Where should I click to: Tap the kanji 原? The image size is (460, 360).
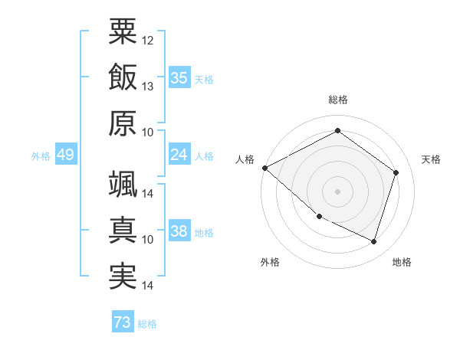pos(123,123)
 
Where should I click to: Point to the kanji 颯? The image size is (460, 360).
pos(123,184)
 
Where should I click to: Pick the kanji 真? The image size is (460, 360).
pos(123,231)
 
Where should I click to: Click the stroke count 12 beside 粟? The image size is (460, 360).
pos(148,40)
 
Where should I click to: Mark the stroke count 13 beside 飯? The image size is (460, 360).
pos(148,87)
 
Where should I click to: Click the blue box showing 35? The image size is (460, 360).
pos(179,78)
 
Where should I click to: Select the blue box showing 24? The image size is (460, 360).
pos(179,155)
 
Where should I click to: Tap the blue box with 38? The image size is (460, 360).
pos(179,232)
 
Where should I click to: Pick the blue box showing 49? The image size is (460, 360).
pos(65,155)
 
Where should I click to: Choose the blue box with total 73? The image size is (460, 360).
pos(123,322)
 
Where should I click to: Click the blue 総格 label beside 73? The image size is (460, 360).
pos(147,324)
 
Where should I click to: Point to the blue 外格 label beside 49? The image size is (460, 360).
pos(41,156)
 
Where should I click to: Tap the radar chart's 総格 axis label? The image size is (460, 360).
pos(337,100)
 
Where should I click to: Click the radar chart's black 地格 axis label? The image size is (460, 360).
pos(402,263)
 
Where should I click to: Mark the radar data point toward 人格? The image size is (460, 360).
pos(264,168)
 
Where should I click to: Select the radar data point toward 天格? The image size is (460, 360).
pos(396,172)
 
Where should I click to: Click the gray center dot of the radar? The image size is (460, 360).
pos(337,191)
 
